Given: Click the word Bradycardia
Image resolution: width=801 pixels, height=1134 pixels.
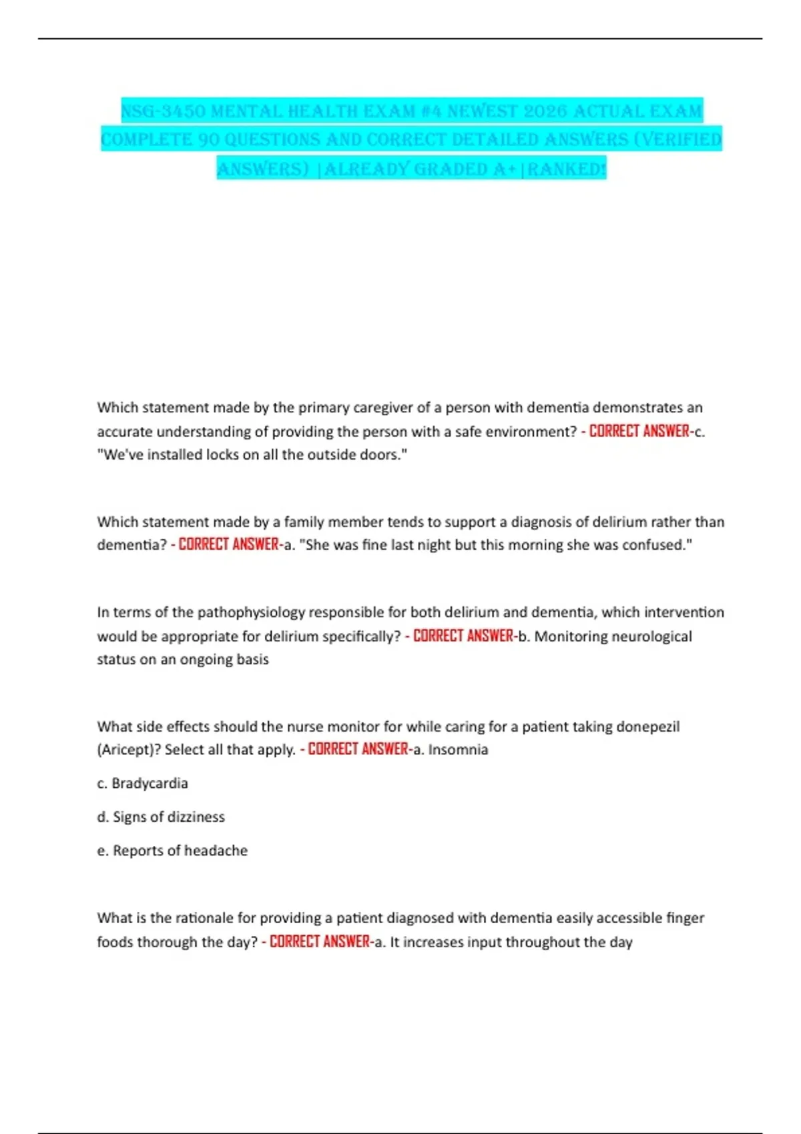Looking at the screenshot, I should (150, 783).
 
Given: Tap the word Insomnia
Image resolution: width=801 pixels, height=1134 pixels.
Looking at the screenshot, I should (458, 750).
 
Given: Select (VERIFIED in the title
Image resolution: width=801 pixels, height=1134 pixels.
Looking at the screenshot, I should (680, 140).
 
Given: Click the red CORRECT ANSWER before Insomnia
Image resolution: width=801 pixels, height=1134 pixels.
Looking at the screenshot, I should (358, 750).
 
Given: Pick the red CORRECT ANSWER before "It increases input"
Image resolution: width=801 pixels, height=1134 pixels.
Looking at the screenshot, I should (319, 942).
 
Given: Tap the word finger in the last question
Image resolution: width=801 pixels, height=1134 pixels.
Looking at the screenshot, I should (685, 918).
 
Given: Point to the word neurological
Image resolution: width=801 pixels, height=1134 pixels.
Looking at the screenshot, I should (652, 636).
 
